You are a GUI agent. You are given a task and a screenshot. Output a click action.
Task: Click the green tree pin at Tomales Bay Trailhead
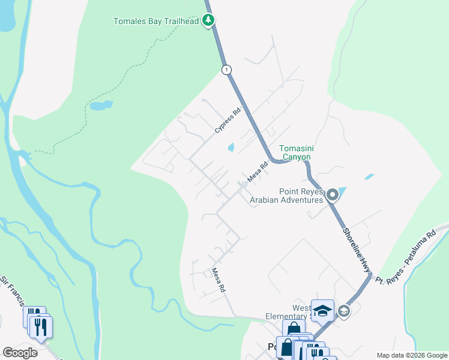click(208, 20)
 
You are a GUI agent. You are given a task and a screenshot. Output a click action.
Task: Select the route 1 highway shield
click(226, 70)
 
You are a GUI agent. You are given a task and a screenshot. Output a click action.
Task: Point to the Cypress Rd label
click(228, 120)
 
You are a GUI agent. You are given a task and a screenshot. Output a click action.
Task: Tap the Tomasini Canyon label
click(295, 153)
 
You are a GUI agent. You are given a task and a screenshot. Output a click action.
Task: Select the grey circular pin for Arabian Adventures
click(333, 194)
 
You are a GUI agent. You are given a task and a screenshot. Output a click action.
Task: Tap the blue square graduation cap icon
click(322, 310)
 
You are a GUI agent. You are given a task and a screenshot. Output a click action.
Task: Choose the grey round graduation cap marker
click(343, 310)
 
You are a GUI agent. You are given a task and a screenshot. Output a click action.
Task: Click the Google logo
click(20, 353)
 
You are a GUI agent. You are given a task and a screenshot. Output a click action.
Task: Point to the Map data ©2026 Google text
click(411, 355)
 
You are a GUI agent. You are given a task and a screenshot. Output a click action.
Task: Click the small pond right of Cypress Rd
click(231, 148)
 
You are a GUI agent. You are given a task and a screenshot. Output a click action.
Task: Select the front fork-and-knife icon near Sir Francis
click(41, 326)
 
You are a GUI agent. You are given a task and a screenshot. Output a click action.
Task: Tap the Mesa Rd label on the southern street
click(218, 280)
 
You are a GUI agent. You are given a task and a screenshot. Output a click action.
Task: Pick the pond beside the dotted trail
click(101, 106)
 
